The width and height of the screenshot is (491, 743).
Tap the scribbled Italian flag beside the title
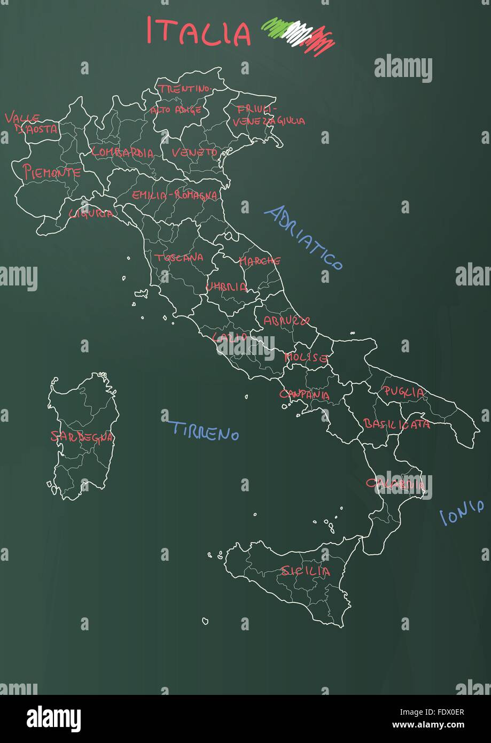(298, 35)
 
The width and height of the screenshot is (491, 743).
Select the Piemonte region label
(51, 172)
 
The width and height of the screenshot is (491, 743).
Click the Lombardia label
(122, 152)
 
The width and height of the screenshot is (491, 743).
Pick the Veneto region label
(194, 152)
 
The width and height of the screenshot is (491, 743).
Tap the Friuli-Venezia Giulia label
(267, 115)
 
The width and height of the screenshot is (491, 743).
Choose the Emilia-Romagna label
(175, 195)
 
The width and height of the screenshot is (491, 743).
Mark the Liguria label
(91, 213)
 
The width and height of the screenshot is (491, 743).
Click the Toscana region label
(179, 257)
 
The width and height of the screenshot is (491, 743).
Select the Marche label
(260, 261)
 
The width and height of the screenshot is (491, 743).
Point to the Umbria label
(227, 287)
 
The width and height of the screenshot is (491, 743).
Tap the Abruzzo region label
(286, 321)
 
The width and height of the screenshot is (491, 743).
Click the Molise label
(306, 357)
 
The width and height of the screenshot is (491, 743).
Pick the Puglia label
(404, 392)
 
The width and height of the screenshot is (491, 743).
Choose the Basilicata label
(396, 424)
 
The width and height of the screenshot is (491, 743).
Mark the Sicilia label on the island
(306, 571)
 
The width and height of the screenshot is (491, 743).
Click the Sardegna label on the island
(82, 437)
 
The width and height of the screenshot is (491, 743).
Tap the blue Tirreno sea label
(205, 431)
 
